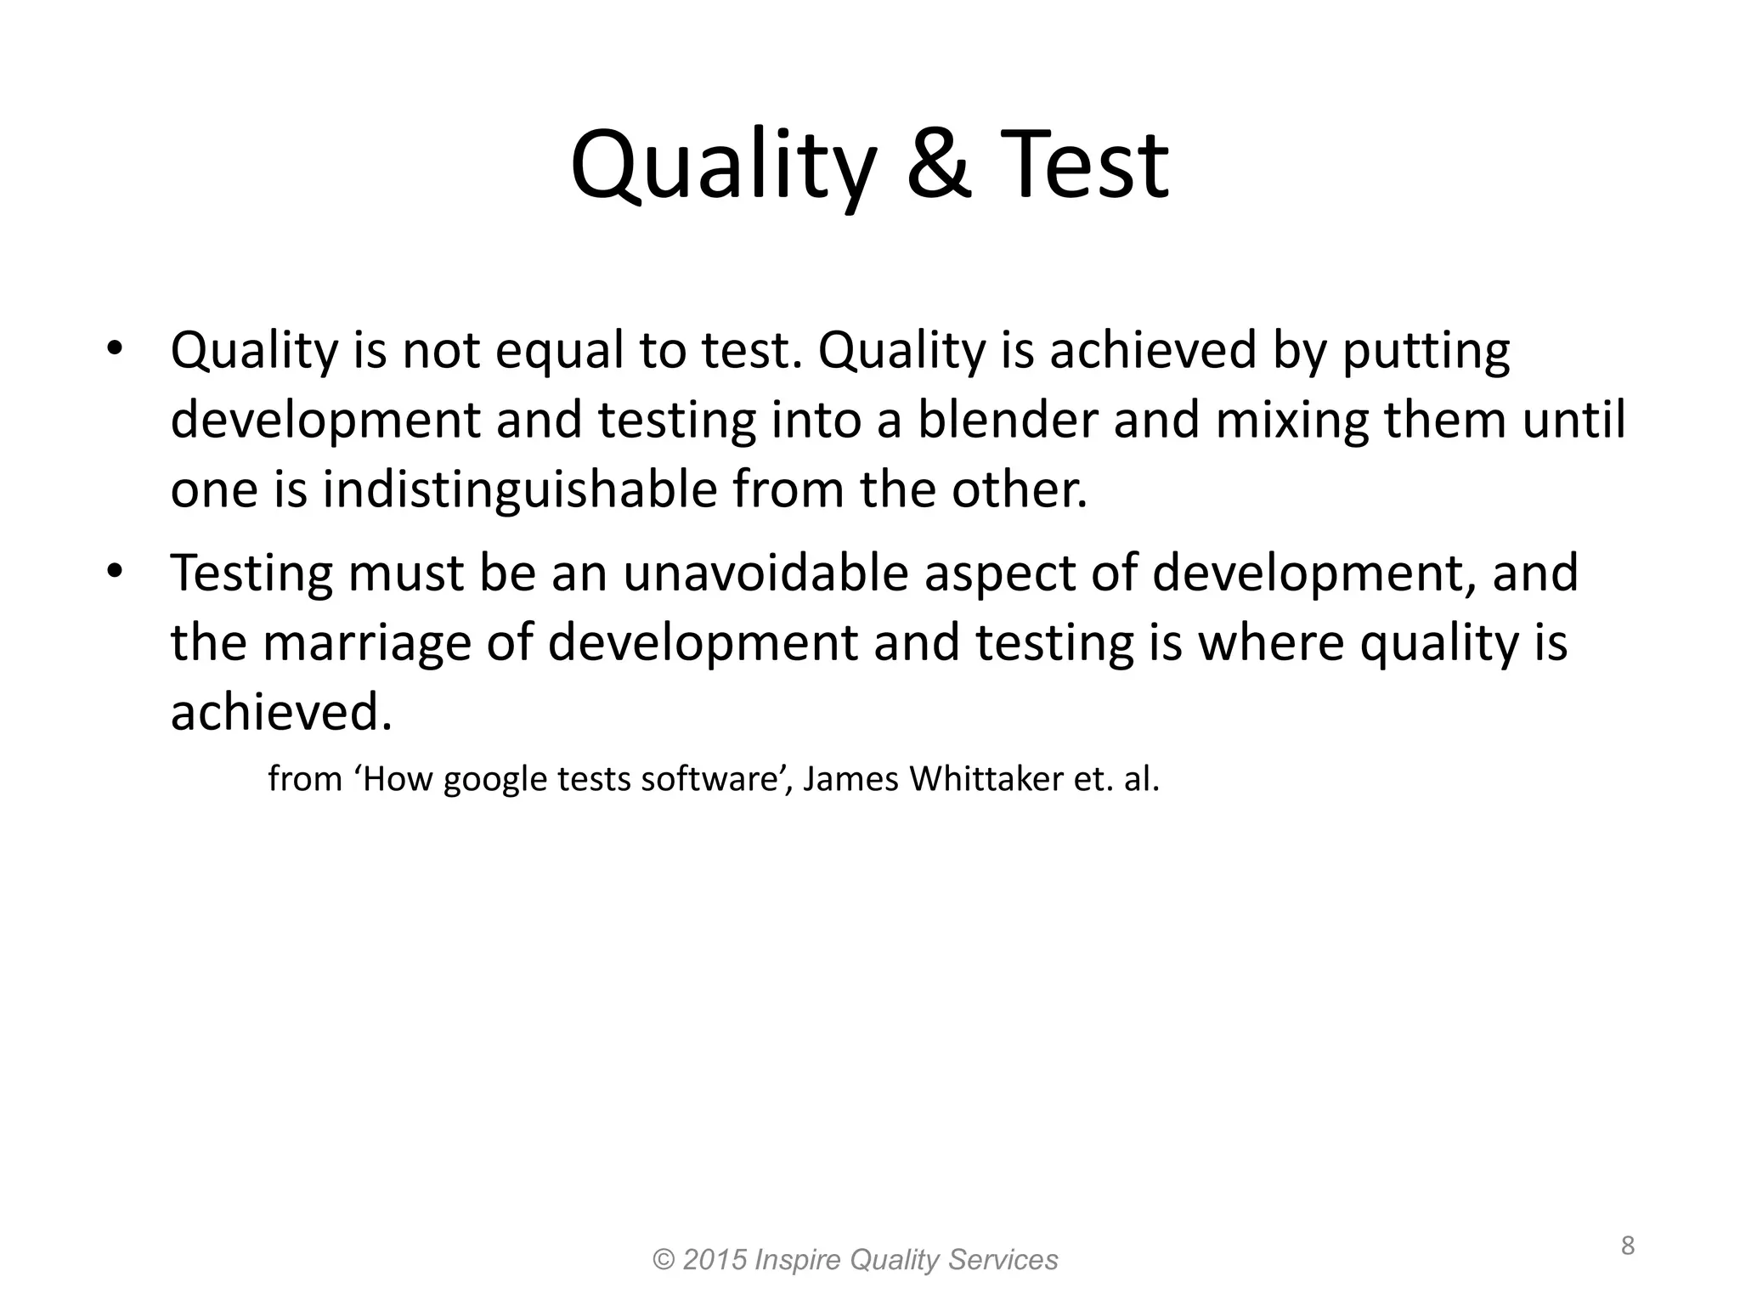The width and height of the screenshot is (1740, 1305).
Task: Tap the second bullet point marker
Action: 115,570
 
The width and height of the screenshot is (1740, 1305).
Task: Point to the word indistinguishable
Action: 519,490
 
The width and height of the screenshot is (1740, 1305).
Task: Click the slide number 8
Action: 1627,1246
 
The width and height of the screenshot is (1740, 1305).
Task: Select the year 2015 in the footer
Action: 714,1259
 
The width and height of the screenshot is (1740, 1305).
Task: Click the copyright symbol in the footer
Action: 663,1259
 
